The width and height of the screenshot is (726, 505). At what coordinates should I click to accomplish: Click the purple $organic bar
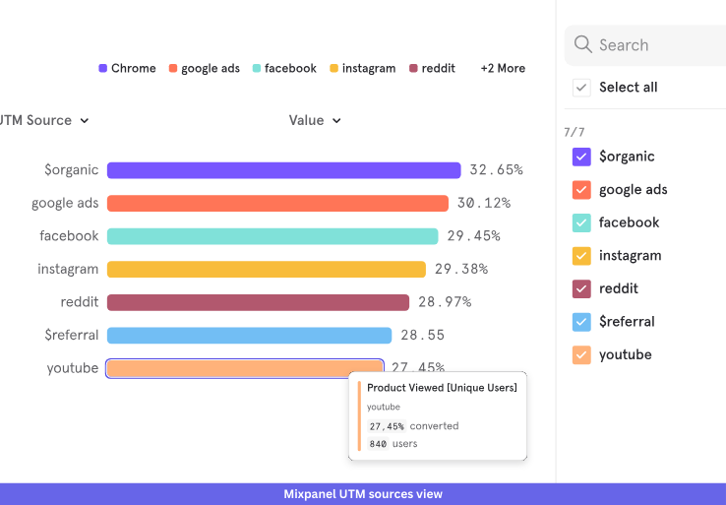point(283,170)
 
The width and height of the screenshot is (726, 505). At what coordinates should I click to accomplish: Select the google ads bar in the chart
point(277,203)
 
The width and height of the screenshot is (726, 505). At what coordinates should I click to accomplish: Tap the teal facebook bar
point(272,236)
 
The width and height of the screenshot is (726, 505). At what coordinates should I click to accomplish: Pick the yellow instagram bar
point(266,269)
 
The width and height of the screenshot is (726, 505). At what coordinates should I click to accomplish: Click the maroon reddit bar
point(258,302)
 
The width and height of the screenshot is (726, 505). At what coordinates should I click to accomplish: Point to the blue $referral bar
point(249,335)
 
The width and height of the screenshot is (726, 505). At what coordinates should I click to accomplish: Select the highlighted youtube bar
point(244,368)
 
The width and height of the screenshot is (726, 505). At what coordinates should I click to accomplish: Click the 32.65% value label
point(496,169)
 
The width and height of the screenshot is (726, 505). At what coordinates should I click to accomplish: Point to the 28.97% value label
point(445,301)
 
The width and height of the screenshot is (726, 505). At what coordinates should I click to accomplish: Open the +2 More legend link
point(503,69)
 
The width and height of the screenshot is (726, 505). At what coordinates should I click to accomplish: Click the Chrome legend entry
point(127,69)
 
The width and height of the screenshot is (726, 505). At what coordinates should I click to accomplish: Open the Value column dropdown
point(315,120)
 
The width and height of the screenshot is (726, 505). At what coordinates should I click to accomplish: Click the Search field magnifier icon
point(582,45)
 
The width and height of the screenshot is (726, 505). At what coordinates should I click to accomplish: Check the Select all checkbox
point(581,88)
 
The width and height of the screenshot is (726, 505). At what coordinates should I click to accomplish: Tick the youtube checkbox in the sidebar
point(581,354)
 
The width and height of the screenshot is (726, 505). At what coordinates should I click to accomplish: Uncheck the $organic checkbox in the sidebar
point(581,157)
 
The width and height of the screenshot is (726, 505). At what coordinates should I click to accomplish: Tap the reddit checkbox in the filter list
point(581,288)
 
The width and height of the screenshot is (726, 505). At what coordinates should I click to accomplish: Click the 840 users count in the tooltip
point(393,444)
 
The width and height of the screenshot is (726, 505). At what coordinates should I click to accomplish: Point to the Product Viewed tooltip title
point(442,388)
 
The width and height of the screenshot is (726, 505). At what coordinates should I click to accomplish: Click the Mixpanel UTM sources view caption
point(363,494)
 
